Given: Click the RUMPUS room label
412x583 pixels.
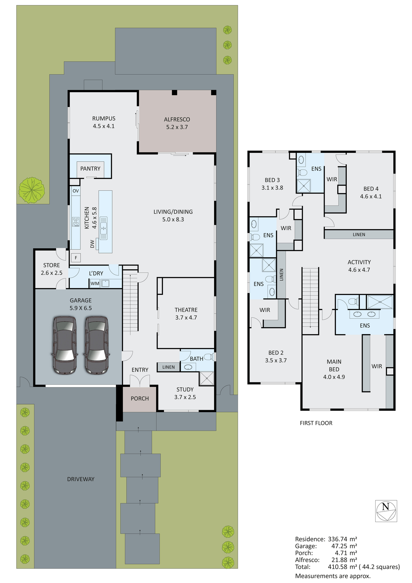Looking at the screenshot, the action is (x=104, y=119).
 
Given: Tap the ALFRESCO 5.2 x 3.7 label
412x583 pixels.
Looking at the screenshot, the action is (x=177, y=123).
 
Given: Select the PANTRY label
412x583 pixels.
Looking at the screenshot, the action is (x=90, y=169).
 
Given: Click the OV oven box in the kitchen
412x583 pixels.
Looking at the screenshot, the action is (x=76, y=191).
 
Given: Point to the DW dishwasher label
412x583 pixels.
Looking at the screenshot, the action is (x=92, y=244).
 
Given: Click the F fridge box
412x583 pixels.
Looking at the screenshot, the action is (x=76, y=258).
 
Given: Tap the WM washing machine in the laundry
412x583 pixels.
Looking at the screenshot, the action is (x=95, y=283).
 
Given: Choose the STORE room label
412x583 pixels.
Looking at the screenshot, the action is (x=52, y=265).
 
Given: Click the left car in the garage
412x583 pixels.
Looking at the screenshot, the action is (x=65, y=345).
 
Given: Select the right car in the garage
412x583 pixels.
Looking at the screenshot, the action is (x=97, y=345).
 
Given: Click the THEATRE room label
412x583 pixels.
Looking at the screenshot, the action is (x=186, y=310).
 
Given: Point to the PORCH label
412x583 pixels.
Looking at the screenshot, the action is (x=140, y=398).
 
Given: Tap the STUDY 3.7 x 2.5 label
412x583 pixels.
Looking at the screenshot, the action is (x=185, y=393).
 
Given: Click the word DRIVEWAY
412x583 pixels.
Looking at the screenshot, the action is (x=81, y=479).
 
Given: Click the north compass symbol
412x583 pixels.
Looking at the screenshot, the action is (x=386, y=511).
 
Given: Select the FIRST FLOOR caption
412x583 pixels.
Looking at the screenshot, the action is (x=316, y=423).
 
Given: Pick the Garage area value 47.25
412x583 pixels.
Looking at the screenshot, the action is (x=339, y=546).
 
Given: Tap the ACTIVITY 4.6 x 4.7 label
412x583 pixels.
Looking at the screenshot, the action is (x=359, y=266).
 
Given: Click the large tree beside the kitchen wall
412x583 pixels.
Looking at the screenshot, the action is (x=32, y=190).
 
